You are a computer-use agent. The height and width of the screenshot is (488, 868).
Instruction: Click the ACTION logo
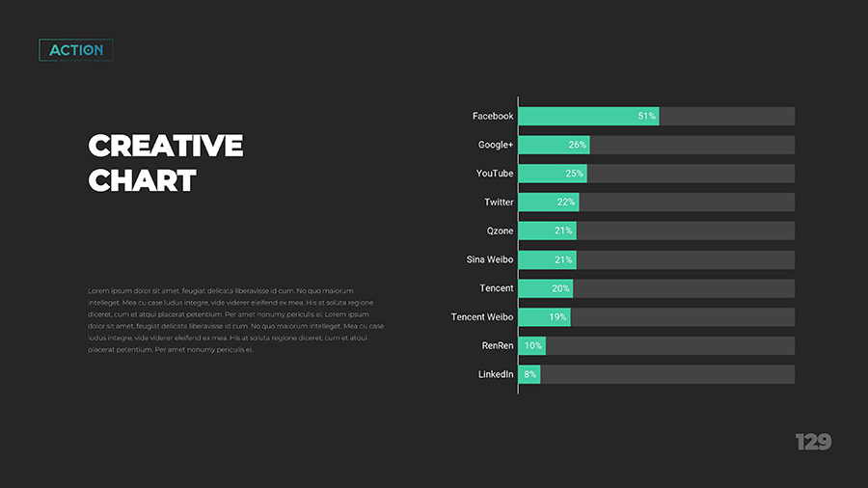(76, 50)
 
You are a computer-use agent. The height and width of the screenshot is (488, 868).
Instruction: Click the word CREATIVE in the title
(165, 146)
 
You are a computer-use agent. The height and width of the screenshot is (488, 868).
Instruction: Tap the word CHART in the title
(142, 180)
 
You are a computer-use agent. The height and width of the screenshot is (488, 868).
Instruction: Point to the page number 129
(813, 442)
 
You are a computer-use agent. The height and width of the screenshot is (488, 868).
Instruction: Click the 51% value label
(647, 116)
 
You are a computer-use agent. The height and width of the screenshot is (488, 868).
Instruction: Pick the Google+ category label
(496, 145)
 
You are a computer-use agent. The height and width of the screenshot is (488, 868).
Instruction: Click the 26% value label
(578, 145)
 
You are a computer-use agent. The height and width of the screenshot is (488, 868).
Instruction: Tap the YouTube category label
(495, 174)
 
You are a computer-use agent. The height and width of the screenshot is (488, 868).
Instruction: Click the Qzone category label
(500, 231)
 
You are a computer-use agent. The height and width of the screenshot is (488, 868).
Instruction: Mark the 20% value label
(560, 288)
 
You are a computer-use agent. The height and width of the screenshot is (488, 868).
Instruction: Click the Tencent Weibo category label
(482, 317)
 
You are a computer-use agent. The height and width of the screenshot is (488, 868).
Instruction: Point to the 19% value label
(557, 317)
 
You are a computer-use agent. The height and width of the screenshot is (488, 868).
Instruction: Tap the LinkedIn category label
(496, 374)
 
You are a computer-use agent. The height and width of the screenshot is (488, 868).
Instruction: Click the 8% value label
(529, 374)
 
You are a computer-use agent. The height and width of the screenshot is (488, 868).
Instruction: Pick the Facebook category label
(493, 116)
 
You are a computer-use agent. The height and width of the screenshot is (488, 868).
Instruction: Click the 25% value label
(575, 174)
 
